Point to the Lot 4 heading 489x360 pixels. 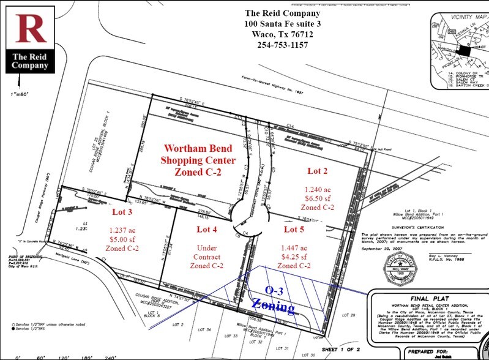[x=206, y=230]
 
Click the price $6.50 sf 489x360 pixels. [x=319, y=198]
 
